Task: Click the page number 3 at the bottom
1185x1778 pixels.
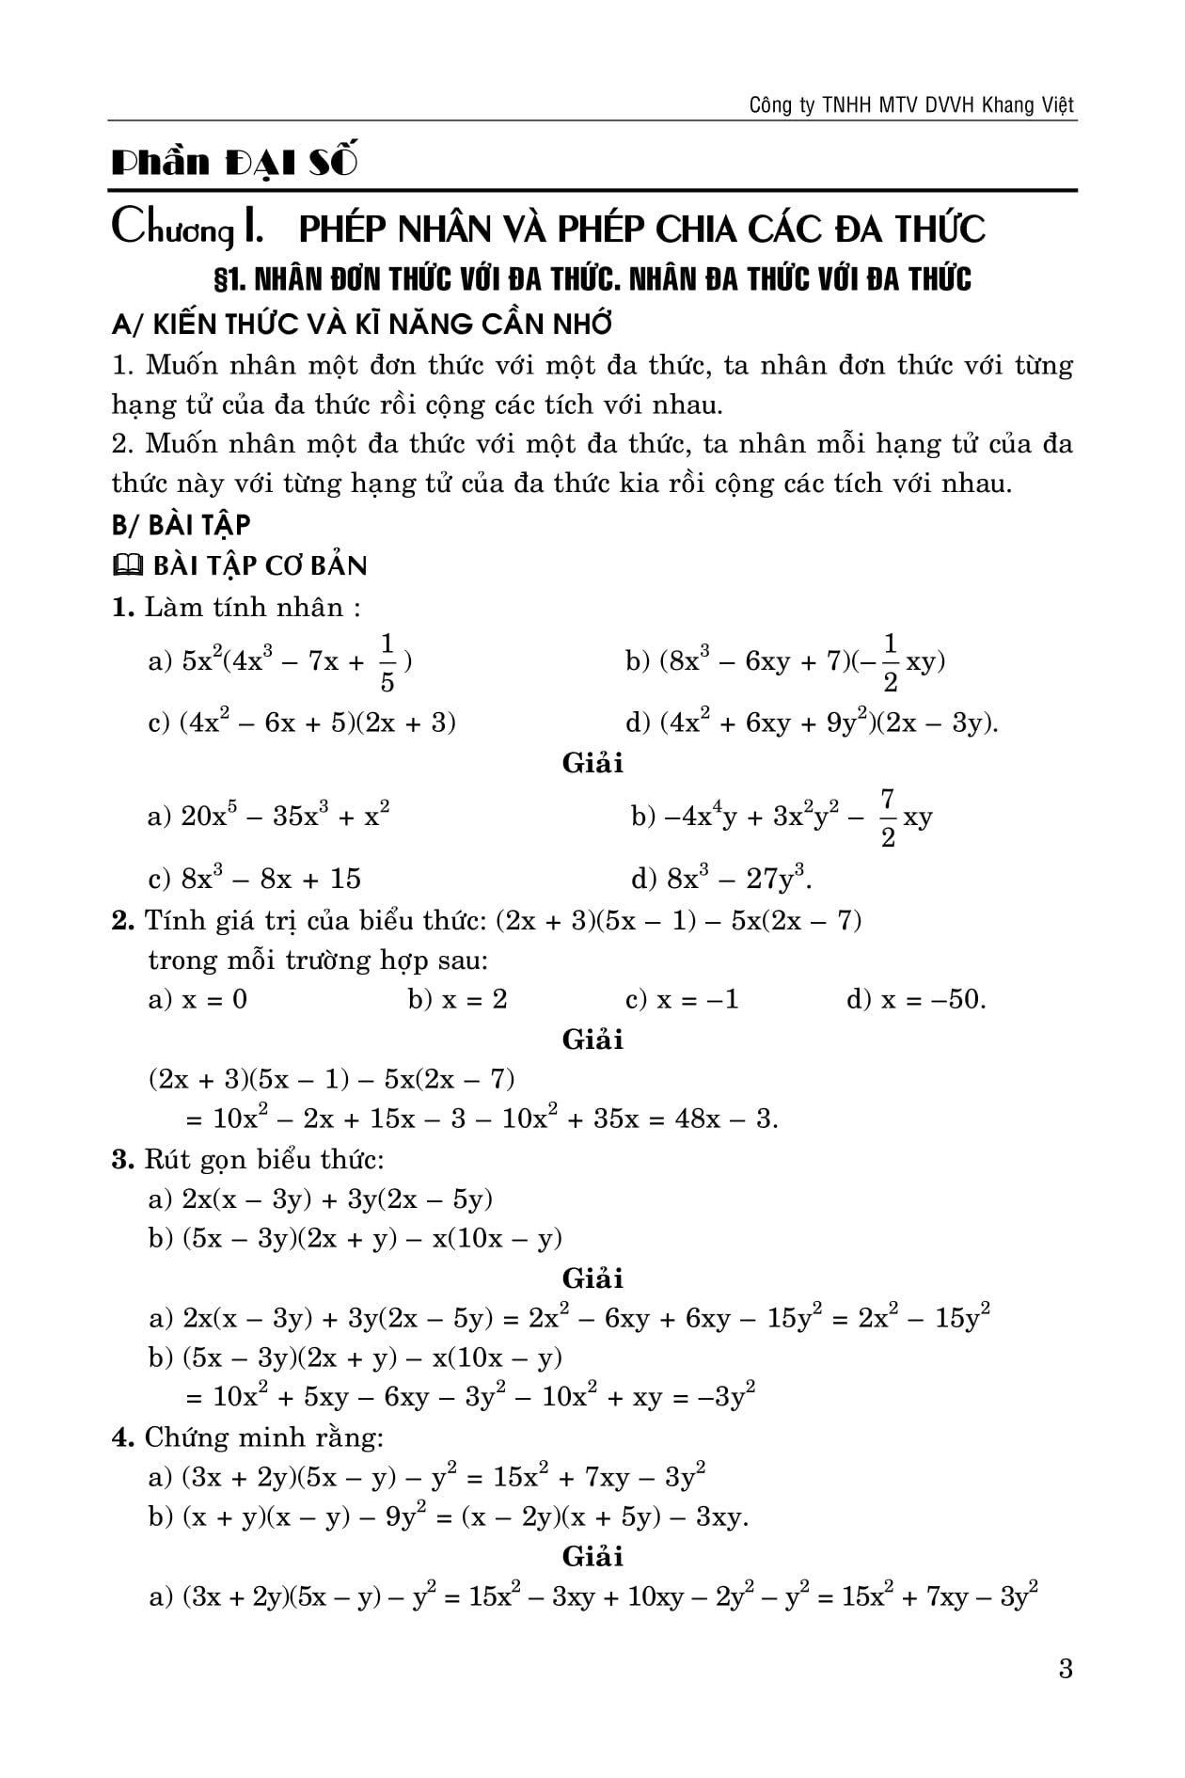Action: click(1065, 1670)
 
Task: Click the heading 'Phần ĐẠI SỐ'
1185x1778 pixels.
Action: click(235, 163)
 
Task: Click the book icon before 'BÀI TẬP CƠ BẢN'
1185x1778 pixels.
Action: click(126, 565)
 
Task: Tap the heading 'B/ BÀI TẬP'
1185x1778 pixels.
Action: click(182, 524)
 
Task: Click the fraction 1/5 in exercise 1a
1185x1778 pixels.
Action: click(387, 662)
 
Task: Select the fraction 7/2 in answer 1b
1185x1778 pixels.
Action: click(887, 818)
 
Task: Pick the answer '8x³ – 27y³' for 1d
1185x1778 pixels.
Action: click(738, 879)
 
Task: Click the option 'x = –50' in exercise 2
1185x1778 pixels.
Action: click(932, 999)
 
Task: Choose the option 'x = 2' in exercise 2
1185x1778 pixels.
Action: click(474, 999)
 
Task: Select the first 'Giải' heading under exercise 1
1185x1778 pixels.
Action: click(592, 763)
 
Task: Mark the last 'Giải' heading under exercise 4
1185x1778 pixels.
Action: click(592, 1557)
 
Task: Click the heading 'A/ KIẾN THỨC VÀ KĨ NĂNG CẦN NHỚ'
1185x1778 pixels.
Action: click(362, 324)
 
